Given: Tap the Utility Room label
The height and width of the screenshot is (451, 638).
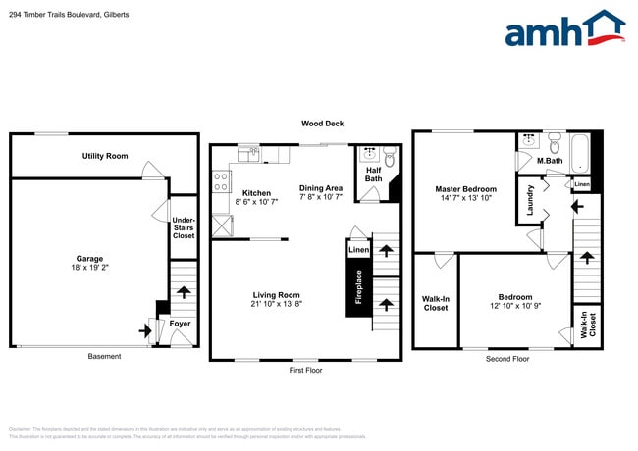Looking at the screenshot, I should coord(104,156).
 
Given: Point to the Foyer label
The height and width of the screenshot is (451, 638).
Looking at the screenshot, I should coord(181,324).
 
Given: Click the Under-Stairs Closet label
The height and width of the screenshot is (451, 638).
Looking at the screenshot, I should coord(184,228).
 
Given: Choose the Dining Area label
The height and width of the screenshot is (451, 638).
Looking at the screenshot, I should coord(321,192).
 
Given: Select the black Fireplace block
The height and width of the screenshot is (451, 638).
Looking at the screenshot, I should coord(358,287).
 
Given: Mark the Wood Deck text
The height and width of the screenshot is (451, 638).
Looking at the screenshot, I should coord(322,124).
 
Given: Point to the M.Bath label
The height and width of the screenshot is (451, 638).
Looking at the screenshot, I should coord(549,160).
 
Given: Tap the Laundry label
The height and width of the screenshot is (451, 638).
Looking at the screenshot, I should coord(530,200).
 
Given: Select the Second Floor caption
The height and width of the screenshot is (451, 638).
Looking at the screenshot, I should coord(507,359).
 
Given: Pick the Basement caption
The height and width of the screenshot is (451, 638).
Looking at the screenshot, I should coord(104,357).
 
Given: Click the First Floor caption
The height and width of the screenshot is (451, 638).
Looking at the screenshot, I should coord(304,370).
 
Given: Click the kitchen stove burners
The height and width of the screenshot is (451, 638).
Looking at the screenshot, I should coord(220,182).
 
